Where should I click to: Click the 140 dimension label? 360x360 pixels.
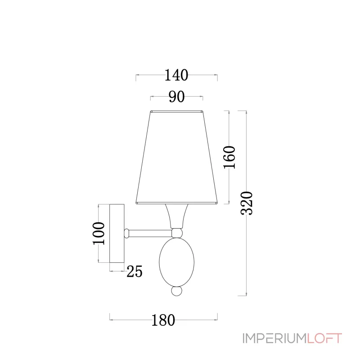pos(176,75)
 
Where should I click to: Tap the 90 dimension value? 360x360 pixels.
pos(176,97)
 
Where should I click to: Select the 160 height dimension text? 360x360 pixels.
pos(229,157)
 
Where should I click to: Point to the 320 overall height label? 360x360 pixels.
pos(247,203)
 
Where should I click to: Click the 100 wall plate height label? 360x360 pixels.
pos(99,233)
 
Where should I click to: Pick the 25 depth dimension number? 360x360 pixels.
pos(135,271)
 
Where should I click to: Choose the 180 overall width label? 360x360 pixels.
pos(163,320)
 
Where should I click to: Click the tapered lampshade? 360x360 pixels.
pos(176,157)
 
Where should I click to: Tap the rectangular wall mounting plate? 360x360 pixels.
pos(117,233)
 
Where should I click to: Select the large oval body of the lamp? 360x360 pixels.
pos(176,262)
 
